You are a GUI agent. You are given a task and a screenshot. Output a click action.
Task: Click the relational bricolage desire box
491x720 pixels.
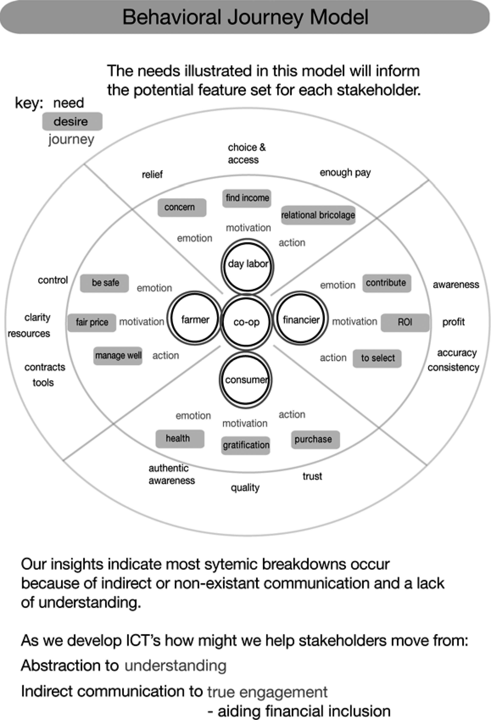[318, 215]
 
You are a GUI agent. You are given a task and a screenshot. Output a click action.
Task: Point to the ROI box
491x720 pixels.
[405, 323]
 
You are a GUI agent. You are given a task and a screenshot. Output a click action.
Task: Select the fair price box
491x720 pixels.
[92, 323]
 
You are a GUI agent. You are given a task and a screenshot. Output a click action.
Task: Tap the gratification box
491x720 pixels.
[246, 445]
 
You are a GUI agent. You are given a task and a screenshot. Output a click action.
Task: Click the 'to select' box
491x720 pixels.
[377, 358]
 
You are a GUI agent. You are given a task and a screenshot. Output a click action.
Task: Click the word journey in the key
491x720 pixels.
[71, 140]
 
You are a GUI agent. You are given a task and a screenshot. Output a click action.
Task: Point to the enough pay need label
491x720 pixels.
[345, 173]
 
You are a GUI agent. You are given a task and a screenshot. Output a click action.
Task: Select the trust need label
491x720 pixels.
[312, 476]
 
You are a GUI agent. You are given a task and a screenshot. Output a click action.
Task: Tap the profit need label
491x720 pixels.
[453, 322]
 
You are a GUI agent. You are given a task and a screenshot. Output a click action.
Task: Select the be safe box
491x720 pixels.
[104, 283]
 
